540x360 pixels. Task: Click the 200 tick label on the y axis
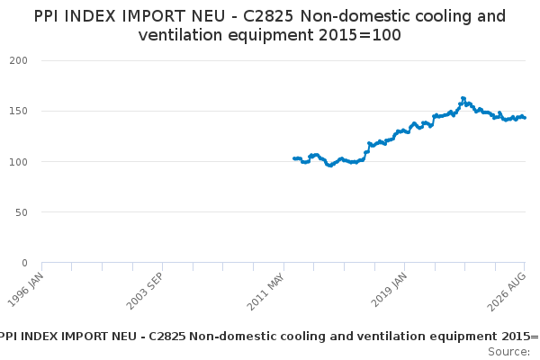click(x=18, y=60)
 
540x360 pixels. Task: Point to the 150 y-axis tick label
click(x=18, y=111)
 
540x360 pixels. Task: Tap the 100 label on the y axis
click(x=18, y=162)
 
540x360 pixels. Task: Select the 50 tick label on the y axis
click(x=22, y=212)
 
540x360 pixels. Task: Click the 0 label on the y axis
click(x=24, y=263)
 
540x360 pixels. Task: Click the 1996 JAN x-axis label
click(x=26, y=290)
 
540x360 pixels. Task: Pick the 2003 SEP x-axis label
click(x=145, y=291)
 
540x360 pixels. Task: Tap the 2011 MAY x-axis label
click(x=265, y=292)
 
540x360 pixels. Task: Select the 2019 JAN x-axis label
click(x=389, y=290)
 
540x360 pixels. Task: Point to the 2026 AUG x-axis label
click(x=507, y=292)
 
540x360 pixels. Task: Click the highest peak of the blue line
click(x=463, y=98)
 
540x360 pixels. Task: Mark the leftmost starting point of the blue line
click(x=294, y=158)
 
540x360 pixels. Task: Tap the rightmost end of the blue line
click(x=525, y=118)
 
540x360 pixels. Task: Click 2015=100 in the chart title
click(x=359, y=35)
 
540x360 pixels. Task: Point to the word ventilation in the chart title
click(x=180, y=35)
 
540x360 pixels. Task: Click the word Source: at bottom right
click(x=509, y=352)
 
